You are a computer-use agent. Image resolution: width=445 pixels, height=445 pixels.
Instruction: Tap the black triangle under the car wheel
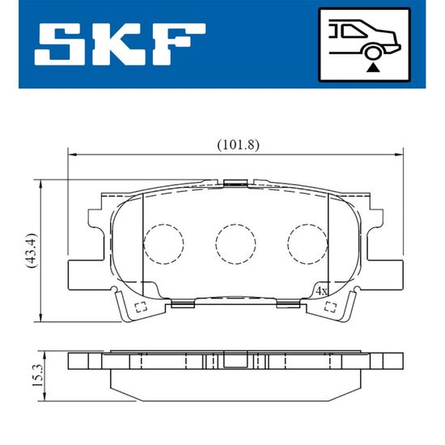click(x=373, y=68)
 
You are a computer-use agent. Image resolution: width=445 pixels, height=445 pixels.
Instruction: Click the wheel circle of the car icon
click(x=372, y=53)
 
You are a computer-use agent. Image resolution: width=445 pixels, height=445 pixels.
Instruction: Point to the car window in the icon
click(x=354, y=32)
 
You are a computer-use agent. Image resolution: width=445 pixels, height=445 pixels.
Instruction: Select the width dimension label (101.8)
click(x=238, y=146)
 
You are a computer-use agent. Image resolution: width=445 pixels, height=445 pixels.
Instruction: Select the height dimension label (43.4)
click(x=32, y=251)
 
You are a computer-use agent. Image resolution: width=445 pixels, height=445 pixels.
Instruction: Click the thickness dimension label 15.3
click(x=37, y=375)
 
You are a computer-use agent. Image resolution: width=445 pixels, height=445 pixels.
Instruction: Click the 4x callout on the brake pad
click(x=321, y=291)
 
